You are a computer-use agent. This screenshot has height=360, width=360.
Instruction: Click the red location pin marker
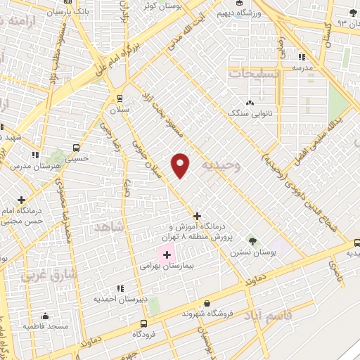(181, 165)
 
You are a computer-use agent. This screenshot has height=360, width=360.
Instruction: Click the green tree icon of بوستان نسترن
(252, 240)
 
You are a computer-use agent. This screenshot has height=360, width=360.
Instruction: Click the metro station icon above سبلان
(119, 98)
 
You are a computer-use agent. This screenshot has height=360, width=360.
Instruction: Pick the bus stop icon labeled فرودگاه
(144, 323)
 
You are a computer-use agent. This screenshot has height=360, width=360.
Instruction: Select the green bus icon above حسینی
(75, 149)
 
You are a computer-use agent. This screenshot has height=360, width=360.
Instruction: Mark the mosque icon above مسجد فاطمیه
(45, 316)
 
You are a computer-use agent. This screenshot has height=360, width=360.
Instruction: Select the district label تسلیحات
(254, 72)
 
